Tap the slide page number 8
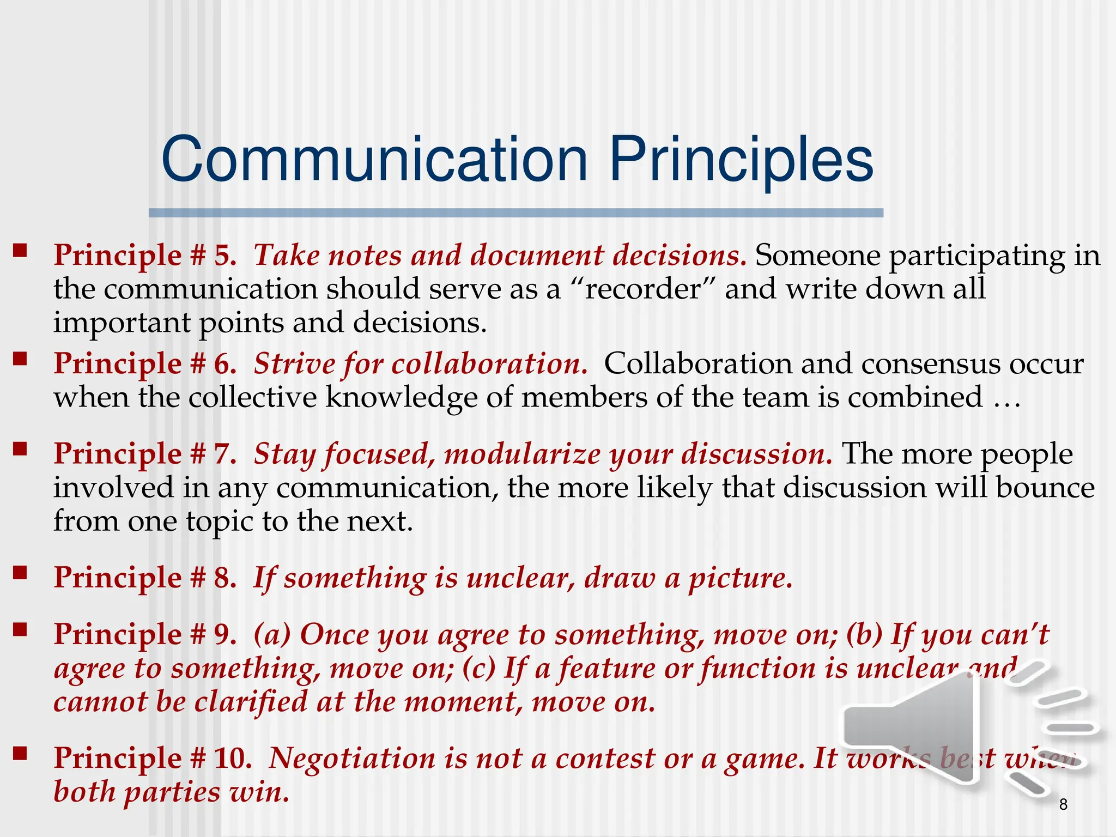click(1063, 804)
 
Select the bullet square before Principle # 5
click(20, 250)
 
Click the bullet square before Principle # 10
click(20, 753)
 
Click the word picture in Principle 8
click(740, 578)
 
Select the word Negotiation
click(352, 759)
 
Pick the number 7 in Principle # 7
click(223, 454)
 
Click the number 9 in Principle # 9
click(223, 635)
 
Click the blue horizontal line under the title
click(515, 213)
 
